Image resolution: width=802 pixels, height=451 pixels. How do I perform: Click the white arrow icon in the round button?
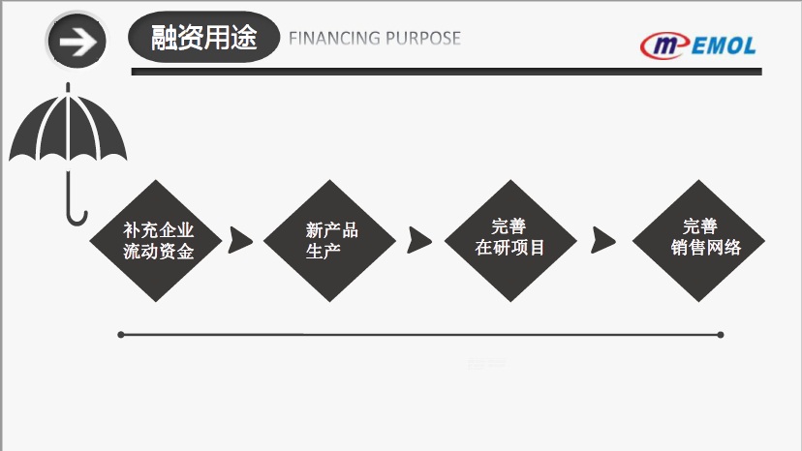pos(77,41)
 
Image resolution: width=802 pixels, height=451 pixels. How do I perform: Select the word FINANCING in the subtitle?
pos(332,39)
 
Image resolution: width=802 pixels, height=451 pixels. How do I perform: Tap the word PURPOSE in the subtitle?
pos(423,39)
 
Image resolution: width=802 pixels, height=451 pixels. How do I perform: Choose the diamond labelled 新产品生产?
pos(330,241)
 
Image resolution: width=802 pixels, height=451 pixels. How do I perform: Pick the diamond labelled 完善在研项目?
pos(510,241)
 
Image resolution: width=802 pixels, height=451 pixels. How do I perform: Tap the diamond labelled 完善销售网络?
pos(699,241)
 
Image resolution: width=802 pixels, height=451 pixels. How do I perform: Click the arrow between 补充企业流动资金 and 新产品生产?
pos(239,241)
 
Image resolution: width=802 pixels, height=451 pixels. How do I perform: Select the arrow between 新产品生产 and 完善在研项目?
pos(418,240)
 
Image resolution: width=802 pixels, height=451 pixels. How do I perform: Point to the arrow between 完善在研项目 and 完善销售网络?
pos(602,240)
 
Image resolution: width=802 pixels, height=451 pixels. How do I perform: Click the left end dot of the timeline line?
pos(121,335)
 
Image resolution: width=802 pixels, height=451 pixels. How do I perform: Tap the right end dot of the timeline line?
pos(721,335)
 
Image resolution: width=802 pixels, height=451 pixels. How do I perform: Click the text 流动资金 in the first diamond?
pos(159,253)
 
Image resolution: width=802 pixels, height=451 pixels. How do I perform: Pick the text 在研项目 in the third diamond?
pos(510,248)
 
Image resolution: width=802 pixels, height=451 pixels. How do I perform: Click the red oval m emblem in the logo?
pos(664,45)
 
